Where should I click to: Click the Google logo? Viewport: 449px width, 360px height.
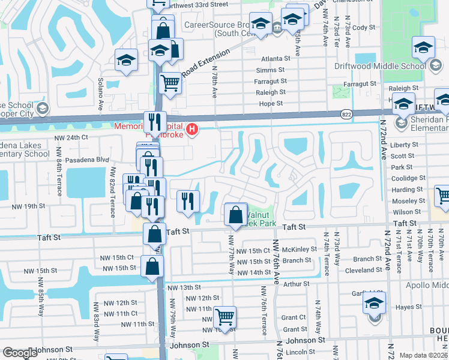(x=20, y=353)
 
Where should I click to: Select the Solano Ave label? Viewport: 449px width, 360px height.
(x=101, y=94)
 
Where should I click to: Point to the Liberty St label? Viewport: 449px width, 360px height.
(x=404, y=145)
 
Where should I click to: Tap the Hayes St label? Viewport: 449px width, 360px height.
(x=409, y=307)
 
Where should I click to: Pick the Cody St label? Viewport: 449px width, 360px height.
(x=364, y=28)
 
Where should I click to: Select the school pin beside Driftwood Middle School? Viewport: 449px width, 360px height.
(x=423, y=47)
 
